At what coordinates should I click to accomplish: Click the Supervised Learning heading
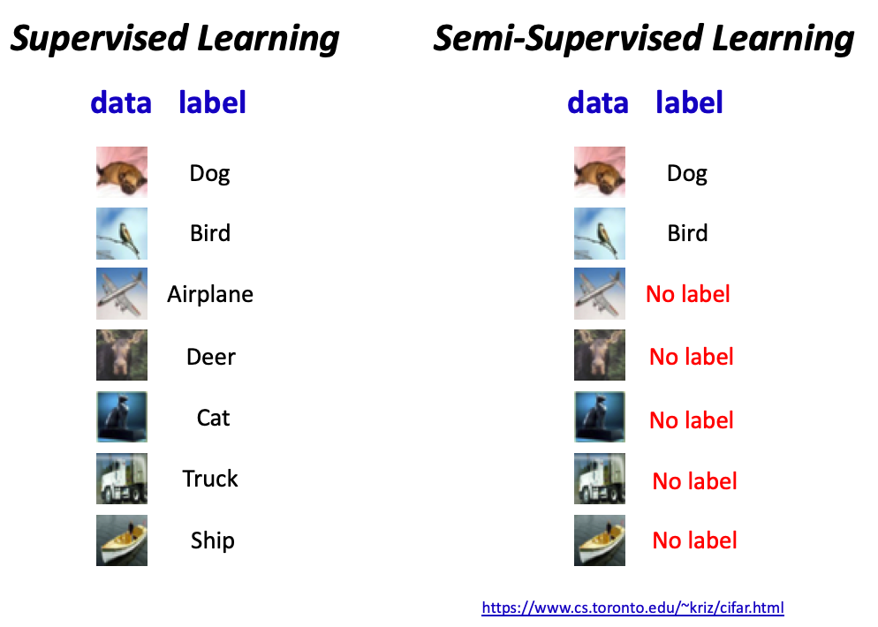tap(175, 39)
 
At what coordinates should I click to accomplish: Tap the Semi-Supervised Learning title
tap(644, 39)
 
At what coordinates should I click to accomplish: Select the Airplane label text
tap(210, 294)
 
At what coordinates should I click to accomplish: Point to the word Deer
tap(211, 357)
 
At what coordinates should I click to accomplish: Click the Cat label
tap(214, 418)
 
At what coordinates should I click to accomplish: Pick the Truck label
tap(210, 479)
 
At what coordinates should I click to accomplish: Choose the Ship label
tap(212, 540)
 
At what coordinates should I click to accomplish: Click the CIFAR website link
tap(632, 608)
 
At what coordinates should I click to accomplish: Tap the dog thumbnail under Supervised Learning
tap(122, 172)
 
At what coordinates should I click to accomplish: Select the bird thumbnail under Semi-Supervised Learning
tap(599, 233)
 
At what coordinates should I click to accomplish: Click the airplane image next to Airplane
tap(122, 293)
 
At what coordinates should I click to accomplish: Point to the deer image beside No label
tap(599, 355)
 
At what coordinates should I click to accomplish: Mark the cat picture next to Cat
tap(122, 417)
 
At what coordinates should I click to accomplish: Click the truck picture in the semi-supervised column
tap(599, 479)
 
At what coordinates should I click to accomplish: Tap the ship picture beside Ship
tap(122, 540)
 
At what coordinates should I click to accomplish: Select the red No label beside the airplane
tap(687, 294)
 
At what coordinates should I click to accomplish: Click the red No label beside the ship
tap(694, 540)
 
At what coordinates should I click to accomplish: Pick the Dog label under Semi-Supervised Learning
tap(687, 174)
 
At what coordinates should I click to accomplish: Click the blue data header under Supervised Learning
tap(121, 102)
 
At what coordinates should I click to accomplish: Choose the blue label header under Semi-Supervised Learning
tap(689, 102)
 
